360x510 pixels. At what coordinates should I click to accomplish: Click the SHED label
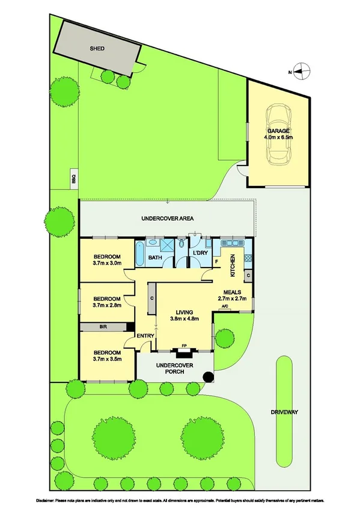click(97, 48)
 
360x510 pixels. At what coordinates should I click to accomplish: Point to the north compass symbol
click(302, 72)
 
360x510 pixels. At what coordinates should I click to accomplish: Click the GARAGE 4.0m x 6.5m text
click(278, 134)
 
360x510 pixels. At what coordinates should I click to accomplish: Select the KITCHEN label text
click(233, 265)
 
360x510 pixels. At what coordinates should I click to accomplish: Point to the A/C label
click(225, 307)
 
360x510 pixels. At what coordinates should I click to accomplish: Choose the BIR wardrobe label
click(103, 327)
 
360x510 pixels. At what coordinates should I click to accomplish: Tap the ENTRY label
click(145, 336)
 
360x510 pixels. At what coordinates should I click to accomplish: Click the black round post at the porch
click(208, 377)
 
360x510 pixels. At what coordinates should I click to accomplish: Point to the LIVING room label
click(184, 312)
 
